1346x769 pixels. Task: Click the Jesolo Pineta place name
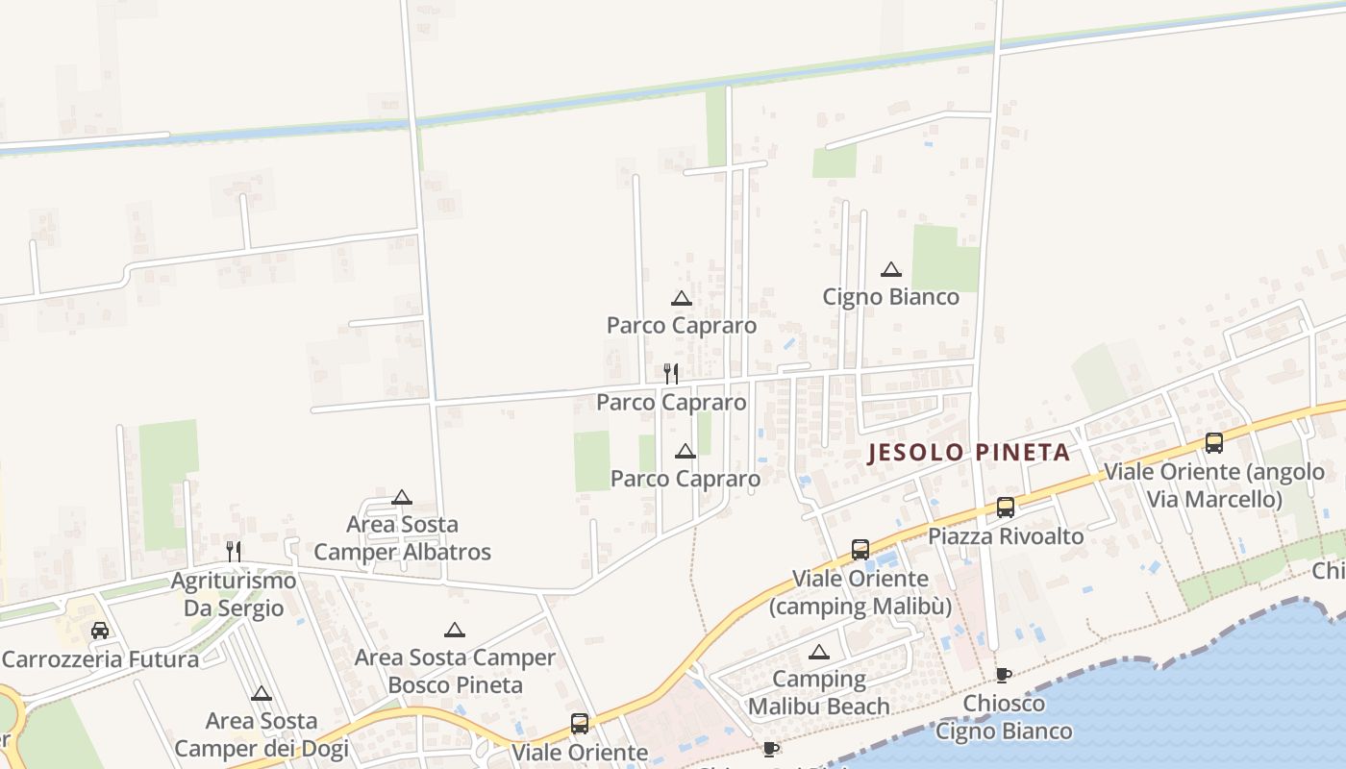pyautogui.click(x=968, y=452)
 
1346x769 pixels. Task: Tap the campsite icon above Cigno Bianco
pyautogui.click(x=891, y=270)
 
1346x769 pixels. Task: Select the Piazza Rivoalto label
pyautogui.click(x=1005, y=536)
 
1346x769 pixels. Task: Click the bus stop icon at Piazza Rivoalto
pyautogui.click(x=1006, y=507)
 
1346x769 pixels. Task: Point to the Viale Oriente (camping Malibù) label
pyautogui.click(x=860, y=593)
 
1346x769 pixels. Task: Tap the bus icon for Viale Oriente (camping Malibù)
pyautogui.click(x=860, y=550)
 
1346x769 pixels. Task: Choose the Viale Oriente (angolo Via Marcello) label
pyautogui.click(x=1213, y=485)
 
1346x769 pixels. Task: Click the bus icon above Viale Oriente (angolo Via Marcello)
pyautogui.click(x=1214, y=443)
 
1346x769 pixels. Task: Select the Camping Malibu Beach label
pyautogui.click(x=819, y=693)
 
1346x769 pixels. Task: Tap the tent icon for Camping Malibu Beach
pyautogui.click(x=819, y=653)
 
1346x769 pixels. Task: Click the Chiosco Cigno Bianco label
pyautogui.click(x=1004, y=717)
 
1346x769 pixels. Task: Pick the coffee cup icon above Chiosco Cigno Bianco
pyautogui.click(x=1004, y=675)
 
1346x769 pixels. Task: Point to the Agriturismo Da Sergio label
pyautogui.click(x=234, y=594)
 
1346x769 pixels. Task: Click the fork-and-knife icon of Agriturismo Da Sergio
pyautogui.click(x=234, y=551)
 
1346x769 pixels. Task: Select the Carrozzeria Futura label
pyautogui.click(x=100, y=659)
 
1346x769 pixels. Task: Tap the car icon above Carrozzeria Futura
pyautogui.click(x=100, y=631)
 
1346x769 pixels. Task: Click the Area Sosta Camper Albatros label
pyautogui.click(x=402, y=538)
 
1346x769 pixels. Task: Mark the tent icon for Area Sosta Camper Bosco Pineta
pyautogui.click(x=455, y=631)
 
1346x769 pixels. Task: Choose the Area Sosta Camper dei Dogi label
pyautogui.click(x=261, y=733)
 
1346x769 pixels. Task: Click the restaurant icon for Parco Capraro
pyautogui.click(x=671, y=373)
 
